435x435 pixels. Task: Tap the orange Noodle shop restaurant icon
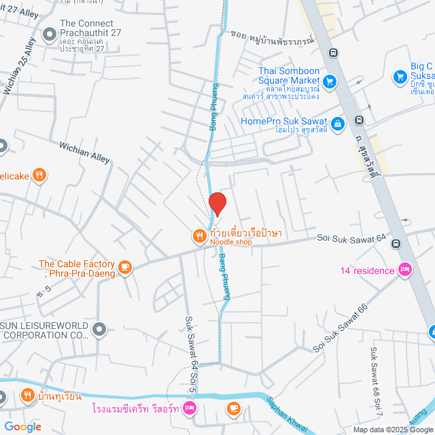click(198, 236)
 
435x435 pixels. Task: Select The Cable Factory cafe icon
click(124, 268)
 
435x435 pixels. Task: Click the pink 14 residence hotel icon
click(405, 271)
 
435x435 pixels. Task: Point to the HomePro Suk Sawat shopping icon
click(338, 123)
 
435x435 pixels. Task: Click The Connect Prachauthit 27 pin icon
click(49, 33)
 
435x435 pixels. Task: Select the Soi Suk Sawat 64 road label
click(351, 239)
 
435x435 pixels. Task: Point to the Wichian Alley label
click(84, 152)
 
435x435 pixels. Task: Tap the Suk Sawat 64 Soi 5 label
click(191, 353)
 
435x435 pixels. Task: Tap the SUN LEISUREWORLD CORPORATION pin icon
click(99, 330)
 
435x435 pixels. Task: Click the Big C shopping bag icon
click(400, 76)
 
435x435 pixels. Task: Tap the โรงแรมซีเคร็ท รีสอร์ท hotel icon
click(190, 408)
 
